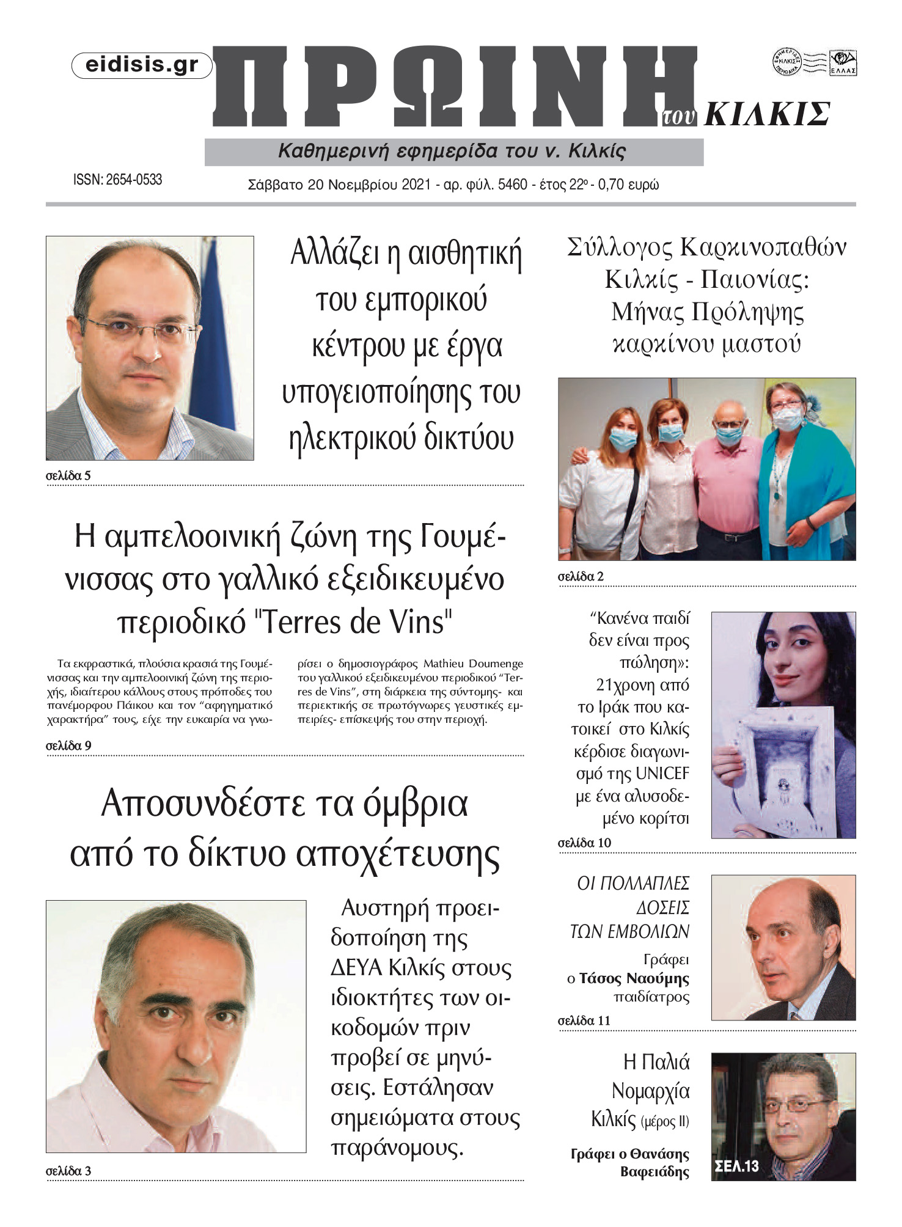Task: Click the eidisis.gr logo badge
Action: click(142, 65)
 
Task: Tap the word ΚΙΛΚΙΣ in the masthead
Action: click(767, 114)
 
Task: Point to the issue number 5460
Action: click(512, 185)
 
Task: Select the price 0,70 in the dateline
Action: click(614, 185)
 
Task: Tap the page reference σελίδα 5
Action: click(68, 475)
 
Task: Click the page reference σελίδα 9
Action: click(68, 745)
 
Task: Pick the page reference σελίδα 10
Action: click(584, 843)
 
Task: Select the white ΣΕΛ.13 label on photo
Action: click(736, 1166)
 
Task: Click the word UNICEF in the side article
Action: click(662, 774)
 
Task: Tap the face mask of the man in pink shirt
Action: click(728, 434)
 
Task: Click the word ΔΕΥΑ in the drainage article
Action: click(356, 968)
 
